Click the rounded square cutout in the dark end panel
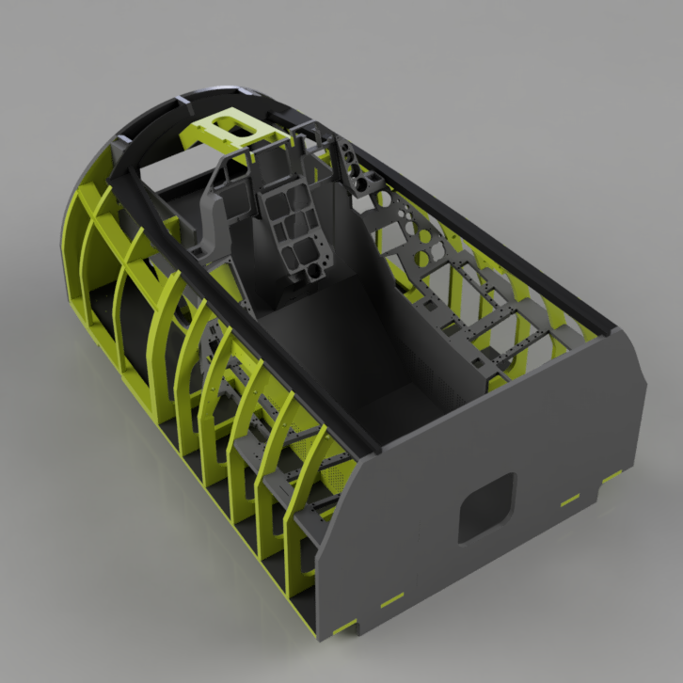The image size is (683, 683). (487, 508)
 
